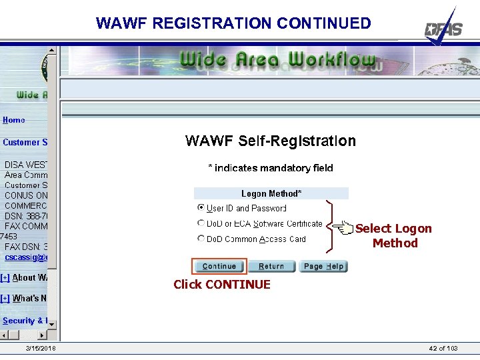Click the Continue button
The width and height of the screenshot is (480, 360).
point(219,267)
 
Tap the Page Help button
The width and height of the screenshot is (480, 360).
point(323,267)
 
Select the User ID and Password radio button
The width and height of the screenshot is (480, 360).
point(201,208)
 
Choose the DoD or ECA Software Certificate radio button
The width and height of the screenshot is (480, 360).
point(201,223)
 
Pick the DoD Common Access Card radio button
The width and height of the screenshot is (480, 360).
point(201,239)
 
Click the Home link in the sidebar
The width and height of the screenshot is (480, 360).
point(14,120)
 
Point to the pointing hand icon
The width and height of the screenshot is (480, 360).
point(344,229)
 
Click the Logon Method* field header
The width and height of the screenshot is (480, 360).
point(271,193)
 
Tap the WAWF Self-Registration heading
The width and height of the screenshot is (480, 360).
point(270,141)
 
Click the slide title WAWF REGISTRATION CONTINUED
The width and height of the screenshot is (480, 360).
point(233,23)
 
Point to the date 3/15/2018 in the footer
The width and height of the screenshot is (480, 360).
point(41,349)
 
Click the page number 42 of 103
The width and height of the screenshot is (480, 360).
point(443,349)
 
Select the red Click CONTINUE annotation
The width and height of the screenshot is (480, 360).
point(222,285)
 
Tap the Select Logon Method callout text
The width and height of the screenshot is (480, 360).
point(394,236)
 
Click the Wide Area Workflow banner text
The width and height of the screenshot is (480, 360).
point(277,60)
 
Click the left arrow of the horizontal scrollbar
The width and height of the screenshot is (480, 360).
point(5,335)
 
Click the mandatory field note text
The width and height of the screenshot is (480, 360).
point(271,168)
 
